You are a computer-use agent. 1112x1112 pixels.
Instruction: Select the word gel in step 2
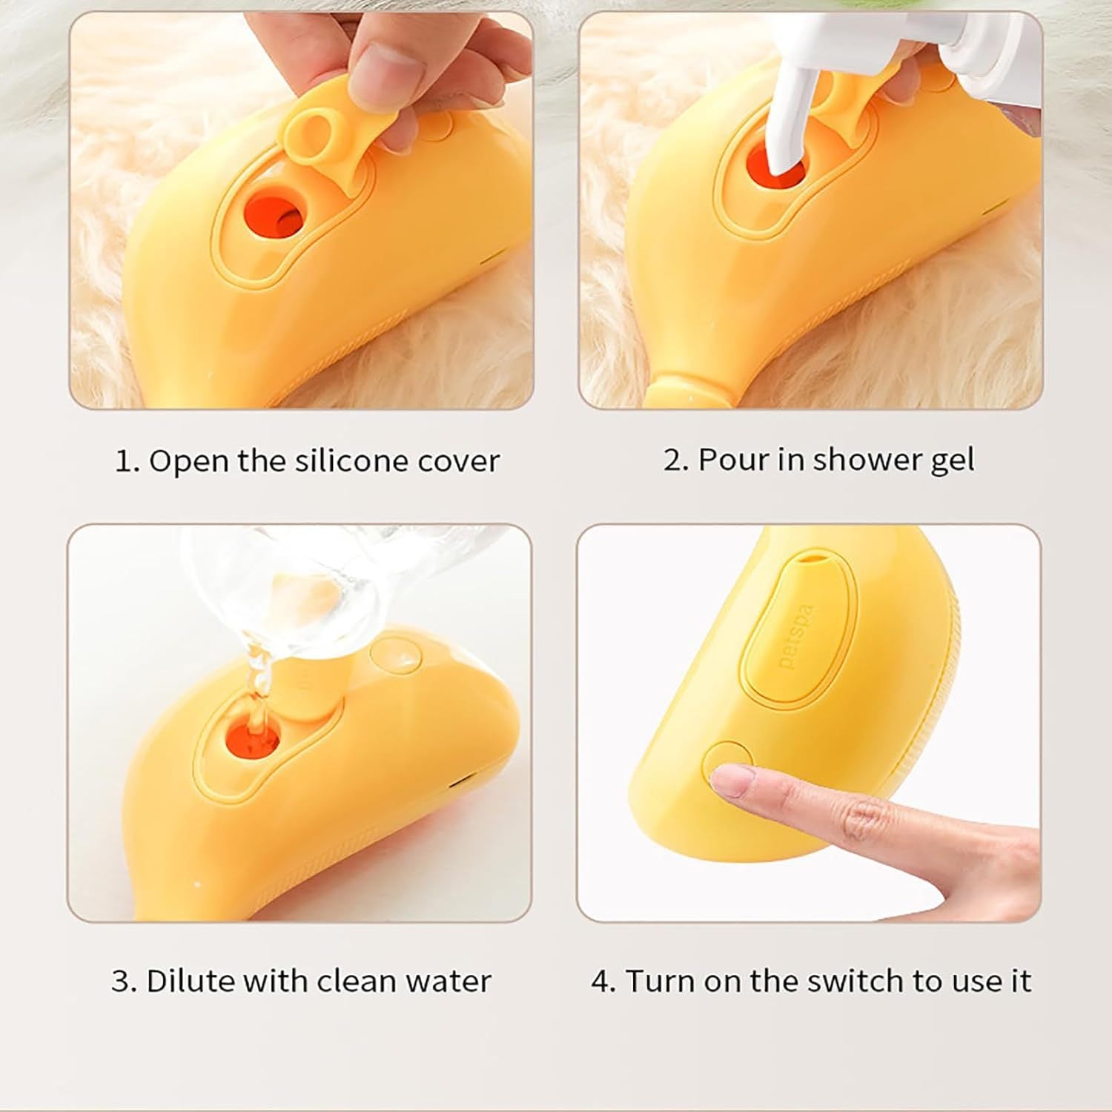tap(952, 460)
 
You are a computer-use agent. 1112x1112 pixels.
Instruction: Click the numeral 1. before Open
tap(127, 461)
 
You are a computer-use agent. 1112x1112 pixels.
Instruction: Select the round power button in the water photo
tap(396, 655)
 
